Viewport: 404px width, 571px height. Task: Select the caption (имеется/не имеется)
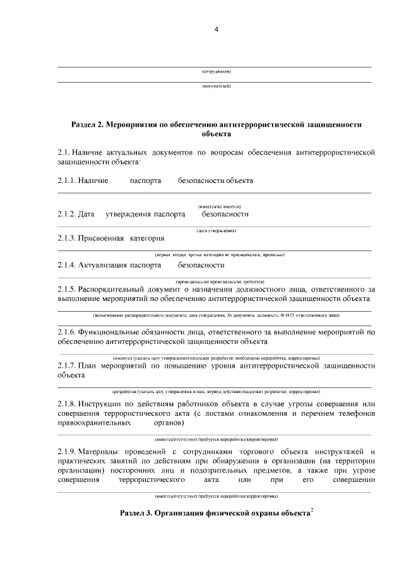[x=216, y=206]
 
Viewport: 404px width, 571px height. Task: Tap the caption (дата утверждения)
[x=216, y=231]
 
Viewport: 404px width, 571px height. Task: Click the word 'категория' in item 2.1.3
[x=147, y=238]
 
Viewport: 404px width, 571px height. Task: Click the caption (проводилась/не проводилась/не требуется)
[x=216, y=281]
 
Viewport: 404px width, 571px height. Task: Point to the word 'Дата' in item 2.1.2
[x=86, y=214]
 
